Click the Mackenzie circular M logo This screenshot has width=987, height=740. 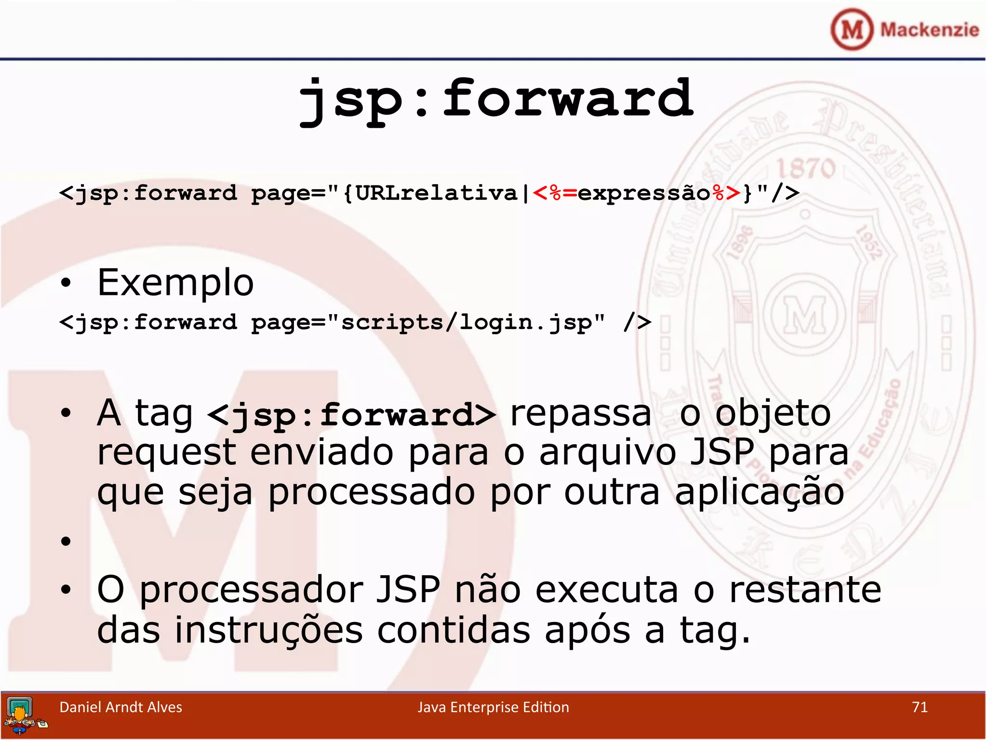852,29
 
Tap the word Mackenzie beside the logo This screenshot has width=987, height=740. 929,30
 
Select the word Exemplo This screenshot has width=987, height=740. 175,283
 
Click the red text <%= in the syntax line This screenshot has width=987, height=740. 555,193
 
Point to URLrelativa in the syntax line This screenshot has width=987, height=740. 436,193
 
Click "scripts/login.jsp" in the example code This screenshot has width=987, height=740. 466,322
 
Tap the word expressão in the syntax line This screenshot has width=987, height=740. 644,193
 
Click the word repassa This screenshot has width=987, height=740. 580,413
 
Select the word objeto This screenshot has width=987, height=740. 773,413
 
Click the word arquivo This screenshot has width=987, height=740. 607,453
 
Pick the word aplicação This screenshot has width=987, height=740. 759,492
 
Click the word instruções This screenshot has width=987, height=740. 268,631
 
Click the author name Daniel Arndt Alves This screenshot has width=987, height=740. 120,707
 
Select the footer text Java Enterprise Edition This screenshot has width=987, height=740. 493,707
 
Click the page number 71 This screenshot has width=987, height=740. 920,707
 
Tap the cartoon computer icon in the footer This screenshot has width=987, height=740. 22,715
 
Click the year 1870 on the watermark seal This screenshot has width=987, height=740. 806,168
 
